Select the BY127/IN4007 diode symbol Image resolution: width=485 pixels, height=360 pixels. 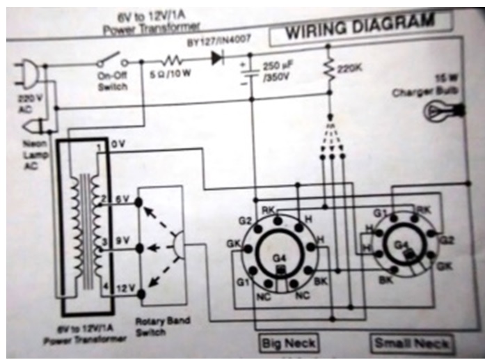click(x=216, y=58)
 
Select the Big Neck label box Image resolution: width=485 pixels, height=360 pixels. click(x=288, y=342)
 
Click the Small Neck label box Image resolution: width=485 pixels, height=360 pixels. click(x=411, y=343)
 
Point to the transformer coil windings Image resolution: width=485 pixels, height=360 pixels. click(x=84, y=233)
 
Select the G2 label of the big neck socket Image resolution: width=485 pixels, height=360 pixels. click(x=244, y=221)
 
